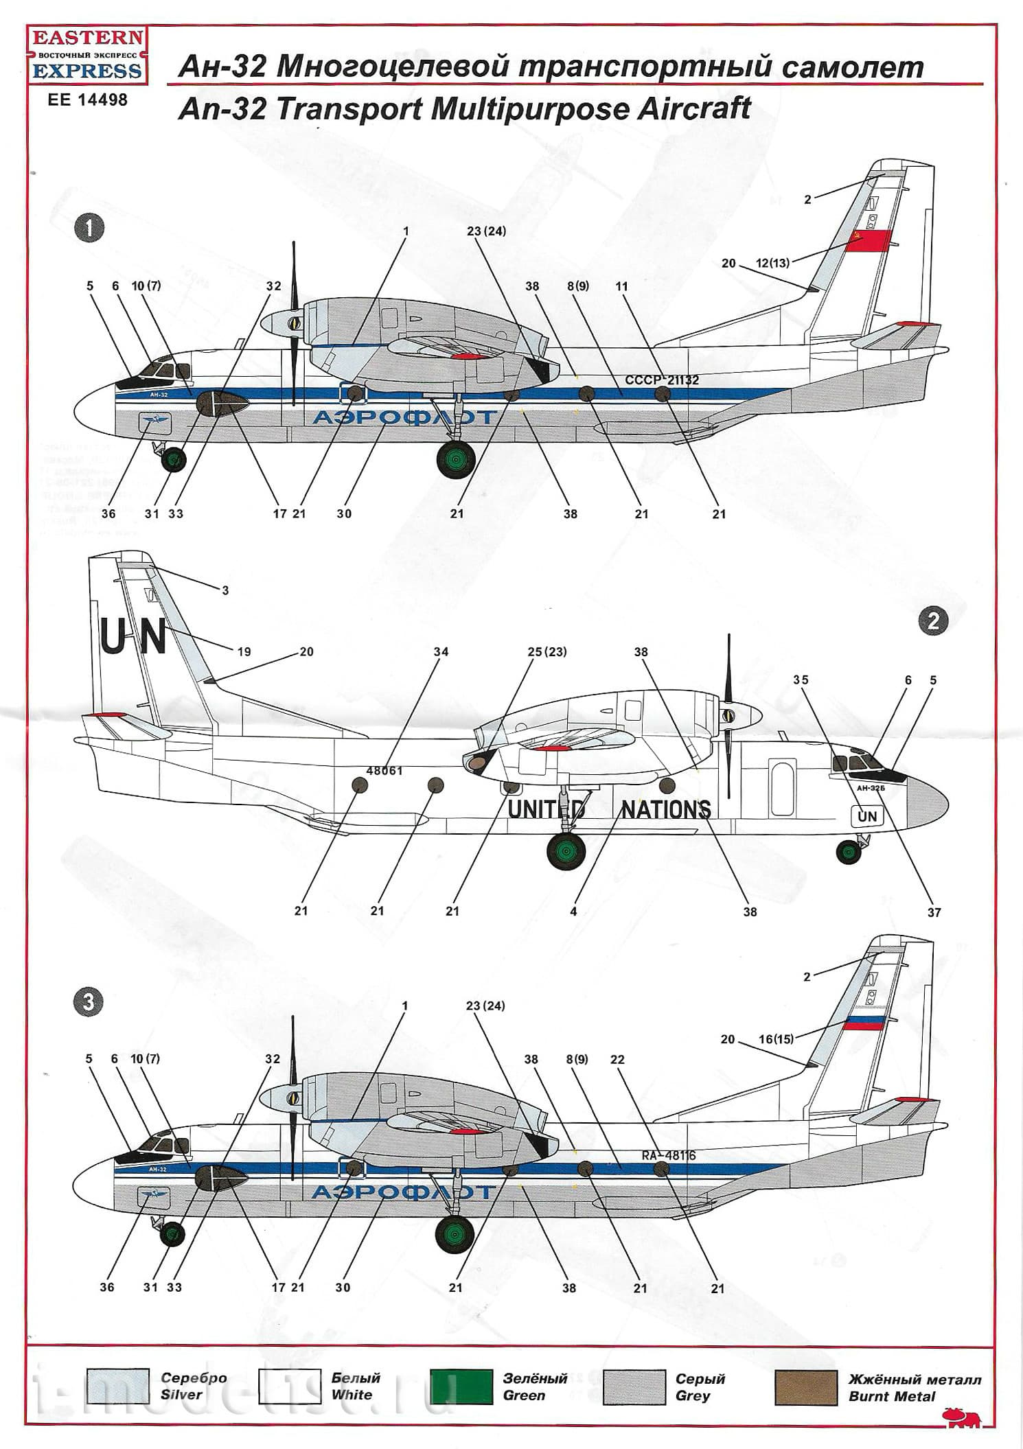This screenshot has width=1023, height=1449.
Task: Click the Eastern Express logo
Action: pyautogui.click(x=87, y=55)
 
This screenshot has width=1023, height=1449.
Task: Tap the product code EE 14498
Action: pyautogui.click(x=87, y=100)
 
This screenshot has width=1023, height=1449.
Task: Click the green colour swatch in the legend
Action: pyautogui.click(x=460, y=1387)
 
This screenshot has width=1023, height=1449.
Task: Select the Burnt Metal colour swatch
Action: pyautogui.click(x=805, y=1387)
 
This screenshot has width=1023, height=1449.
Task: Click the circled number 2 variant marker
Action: pyautogui.click(x=932, y=621)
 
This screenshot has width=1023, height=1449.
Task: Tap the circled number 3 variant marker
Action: pyautogui.click(x=88, y=1002)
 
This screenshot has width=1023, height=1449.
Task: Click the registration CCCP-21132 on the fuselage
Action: pyautogui.click(x=661, y=380)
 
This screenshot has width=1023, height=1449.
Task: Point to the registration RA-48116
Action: pyautogui.click(x=668, y=1155)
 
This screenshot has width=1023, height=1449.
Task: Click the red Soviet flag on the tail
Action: pyautogui.click(x=867, y=242)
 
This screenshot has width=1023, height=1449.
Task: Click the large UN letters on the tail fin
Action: pyautogui.click(x=133, y=637)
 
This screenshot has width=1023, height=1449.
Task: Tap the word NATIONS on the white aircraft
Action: pyautogui.click(x=665, y=810)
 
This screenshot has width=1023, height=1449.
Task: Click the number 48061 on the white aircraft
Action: pyautogui.click(x=384, y=771)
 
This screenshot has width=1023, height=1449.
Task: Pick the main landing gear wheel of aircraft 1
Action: pyautogui.click(x=456, y=459)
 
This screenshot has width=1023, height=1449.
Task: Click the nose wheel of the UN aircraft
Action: pyautogui.click(x=849, y=853)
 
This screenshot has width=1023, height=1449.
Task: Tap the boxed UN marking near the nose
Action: pyautogui.click(x=867, y=816)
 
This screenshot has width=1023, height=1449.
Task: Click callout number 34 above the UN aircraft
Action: pyautogui.click(x=441, y=651)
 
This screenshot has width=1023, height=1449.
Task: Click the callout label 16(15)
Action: pyautogui.click(x=775, y=1039)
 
